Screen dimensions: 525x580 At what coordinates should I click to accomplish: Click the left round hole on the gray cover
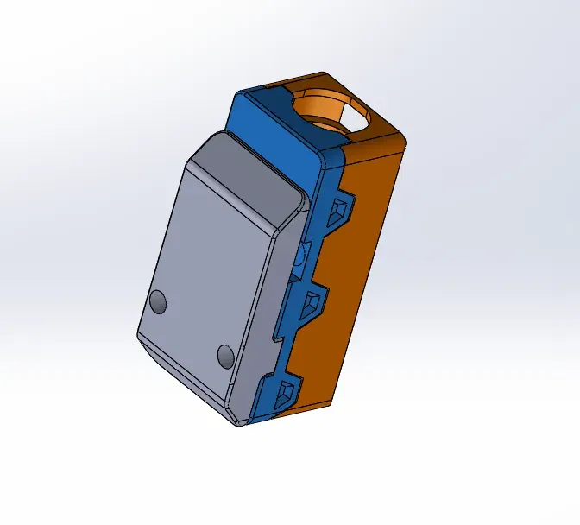click(x=158, y=301)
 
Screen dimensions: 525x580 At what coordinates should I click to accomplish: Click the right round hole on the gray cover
click(x=226, y=355)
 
